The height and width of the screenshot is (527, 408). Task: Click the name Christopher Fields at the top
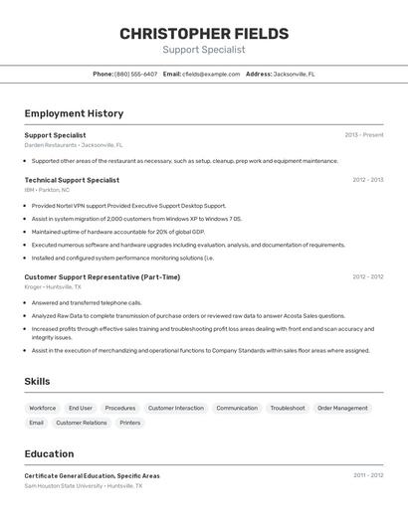[204, 34]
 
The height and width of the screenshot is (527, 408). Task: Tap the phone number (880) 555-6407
[135, 74]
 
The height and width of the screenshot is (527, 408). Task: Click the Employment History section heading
[74, 113]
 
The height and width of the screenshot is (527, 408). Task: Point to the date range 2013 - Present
[363, 135]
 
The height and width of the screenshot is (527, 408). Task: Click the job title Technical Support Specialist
[72, 180]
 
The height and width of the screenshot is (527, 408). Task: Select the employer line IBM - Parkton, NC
[48, 190]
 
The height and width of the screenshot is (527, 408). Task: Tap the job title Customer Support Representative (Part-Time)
[102, 277]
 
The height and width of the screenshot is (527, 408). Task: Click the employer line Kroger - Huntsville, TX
[53, 287]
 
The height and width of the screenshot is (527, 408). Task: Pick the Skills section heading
[37, 381]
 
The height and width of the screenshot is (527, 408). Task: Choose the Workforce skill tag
[42, 408]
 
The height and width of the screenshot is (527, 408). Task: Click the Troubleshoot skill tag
[288, 408]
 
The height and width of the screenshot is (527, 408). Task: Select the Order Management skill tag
[343, 408]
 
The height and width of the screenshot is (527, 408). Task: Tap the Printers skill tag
[130, 423]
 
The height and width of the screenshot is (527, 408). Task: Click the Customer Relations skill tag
[82, 423]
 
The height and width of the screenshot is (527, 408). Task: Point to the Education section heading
[49, 453]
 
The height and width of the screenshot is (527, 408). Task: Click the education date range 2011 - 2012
[367, 475]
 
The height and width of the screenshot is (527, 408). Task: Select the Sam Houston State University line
[84, 486]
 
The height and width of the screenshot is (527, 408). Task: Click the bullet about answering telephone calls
[87, 302]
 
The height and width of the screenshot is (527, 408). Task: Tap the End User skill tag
[81, 408]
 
